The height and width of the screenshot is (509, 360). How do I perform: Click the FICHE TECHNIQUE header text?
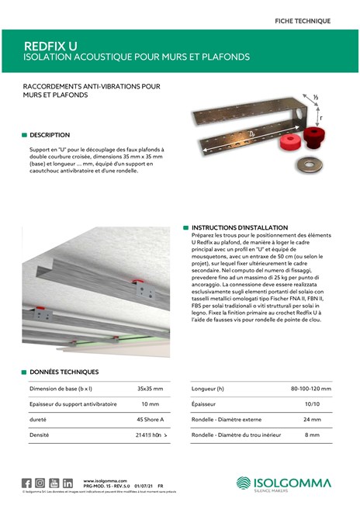pos(303,20)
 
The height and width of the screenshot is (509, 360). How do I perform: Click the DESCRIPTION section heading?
pos(50,135)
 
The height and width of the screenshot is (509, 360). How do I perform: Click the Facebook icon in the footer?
pos(26,483)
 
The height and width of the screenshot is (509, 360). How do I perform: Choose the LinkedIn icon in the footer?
pos(68,483)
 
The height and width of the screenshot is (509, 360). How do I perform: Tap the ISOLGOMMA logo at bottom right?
pos(283,483)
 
